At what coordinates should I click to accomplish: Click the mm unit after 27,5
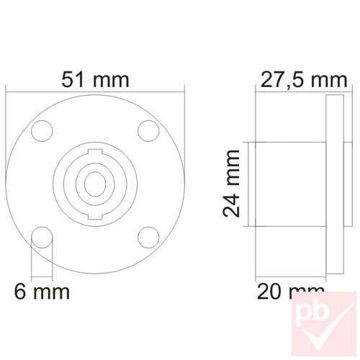tap(328, 79)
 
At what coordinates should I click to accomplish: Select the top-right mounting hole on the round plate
tap(148, 130)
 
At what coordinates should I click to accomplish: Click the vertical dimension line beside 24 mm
tap(249, 184)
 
